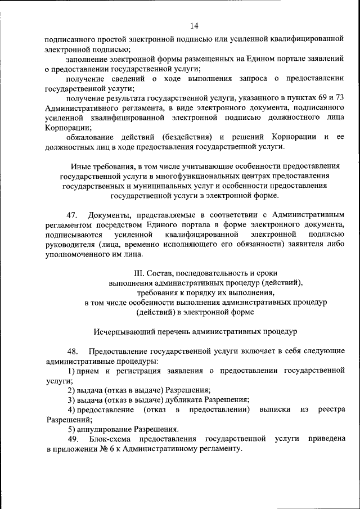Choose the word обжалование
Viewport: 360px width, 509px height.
coord(93,137)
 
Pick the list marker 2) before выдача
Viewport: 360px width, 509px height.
coord(71,390)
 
